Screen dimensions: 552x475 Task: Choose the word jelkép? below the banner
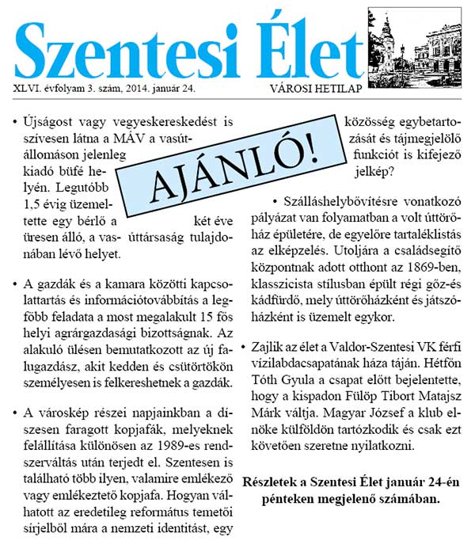point(379,169)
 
